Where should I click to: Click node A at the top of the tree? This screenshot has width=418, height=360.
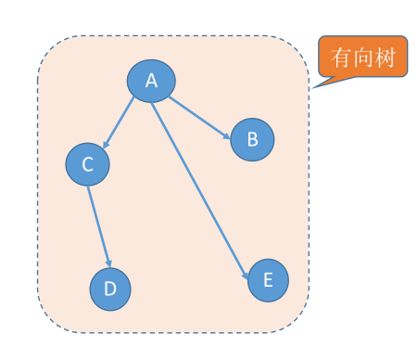pyautogui.click(x=151, y=81)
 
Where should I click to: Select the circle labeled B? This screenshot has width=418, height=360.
pyautogui.click(x=252, y=140)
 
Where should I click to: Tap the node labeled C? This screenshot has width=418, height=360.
pyautogui.click(x=88, y=164)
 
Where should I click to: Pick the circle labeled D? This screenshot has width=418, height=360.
pyautogui.click(x=110, y=289)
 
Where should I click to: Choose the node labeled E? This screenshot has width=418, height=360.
pyautogui.click(x=268, y=279)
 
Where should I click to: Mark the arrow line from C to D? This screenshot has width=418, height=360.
pyautogui.click(x=99, y=227)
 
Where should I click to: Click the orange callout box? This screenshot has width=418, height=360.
pyautogui.click(x=363, y=57)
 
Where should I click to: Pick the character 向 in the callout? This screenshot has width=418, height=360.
pyautogui.click(x=364, y=58)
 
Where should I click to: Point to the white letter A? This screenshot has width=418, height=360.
pyautogui.click(x=151, y=81)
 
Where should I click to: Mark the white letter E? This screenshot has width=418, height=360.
pyautogui.click(x=268, y=279)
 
